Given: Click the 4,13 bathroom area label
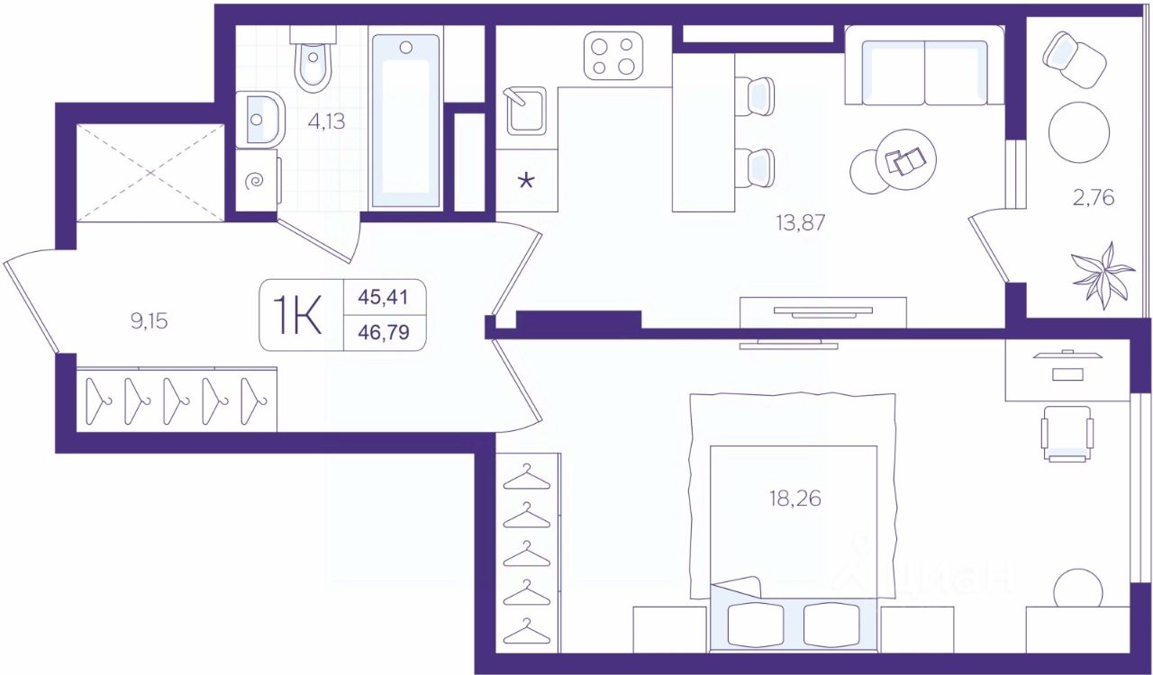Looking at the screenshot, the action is point(326,121).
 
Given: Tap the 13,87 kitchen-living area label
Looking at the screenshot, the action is point(801,223).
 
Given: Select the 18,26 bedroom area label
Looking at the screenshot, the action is point(795,499).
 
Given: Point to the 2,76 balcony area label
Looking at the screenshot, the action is point(1094,198).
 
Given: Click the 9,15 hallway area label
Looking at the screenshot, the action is point(150,321).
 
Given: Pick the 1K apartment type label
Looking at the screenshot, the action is point(297,315).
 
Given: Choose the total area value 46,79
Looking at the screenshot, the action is point(384,332).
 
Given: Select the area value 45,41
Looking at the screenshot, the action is point(384,297).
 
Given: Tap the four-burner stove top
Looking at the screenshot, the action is point(613,56).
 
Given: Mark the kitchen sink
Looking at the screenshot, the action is point(526,111).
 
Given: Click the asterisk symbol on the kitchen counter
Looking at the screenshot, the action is point(526,181).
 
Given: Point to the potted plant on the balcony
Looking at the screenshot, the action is point(1103,276).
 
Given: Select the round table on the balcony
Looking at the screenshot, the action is point(1079,132).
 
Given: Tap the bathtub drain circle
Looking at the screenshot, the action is point(406,48).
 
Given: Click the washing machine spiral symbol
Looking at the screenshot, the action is point(254,181).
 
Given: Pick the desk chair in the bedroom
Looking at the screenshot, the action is point(1067,434).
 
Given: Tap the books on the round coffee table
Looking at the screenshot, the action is point(905,160).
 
